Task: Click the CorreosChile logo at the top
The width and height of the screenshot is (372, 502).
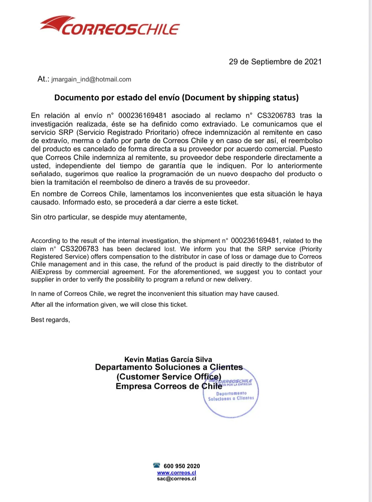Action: (110, 26)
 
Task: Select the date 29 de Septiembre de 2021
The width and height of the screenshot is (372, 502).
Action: (275, 62)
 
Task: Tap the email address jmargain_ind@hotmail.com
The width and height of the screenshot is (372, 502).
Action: (91, 79)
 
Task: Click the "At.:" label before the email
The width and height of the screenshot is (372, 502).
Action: (43, 79)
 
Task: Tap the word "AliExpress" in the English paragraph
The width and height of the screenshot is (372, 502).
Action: (46, 272)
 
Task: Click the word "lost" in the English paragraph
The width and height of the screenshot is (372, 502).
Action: (170, 249)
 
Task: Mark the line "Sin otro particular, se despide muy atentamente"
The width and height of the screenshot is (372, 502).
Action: (109, 217)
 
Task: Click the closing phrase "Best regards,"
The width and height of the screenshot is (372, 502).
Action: (50, 320)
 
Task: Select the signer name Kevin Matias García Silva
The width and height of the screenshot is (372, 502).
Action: (168, 359)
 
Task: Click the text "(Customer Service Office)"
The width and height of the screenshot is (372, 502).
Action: (169, 377)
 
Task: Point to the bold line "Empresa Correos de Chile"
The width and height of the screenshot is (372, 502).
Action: (169, 386)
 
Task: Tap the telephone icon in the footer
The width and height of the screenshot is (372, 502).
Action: (157, 465)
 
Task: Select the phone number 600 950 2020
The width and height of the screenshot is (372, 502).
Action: (182, 466)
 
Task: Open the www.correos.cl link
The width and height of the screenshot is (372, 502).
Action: (177, 473)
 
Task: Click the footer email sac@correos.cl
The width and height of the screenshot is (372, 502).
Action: (177, 479)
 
